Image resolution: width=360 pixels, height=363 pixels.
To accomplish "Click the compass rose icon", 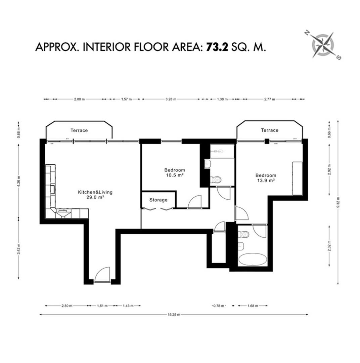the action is (322, 45).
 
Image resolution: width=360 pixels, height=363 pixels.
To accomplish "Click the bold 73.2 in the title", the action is (217, 47).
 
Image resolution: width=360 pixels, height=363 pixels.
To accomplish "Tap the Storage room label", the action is (158, 200).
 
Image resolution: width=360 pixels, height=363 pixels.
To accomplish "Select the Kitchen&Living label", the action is (95, 192).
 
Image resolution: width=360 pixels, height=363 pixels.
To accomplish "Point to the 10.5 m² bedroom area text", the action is (175, 175).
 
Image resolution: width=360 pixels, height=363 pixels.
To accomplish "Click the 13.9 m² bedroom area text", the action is (266, 180).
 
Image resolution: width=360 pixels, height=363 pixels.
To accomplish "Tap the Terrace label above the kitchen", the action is (79, 130).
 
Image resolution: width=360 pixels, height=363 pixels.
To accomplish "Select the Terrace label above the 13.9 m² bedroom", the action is (270, 130).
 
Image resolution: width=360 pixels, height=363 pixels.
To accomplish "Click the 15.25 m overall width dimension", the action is (174, 315).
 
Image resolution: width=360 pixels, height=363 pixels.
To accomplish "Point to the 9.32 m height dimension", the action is (338, 202).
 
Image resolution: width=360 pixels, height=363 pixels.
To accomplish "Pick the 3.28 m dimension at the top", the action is (171, 99).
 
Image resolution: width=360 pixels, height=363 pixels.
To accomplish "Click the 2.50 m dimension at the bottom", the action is (67, 306).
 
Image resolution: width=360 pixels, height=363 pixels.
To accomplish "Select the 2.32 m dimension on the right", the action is (329, 246).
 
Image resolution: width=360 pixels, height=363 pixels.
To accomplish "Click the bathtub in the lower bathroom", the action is (253, 259).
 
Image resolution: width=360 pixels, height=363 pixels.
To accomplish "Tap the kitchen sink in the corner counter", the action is (63, 213).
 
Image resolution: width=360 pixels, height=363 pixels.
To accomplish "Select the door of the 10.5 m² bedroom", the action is (195, 202).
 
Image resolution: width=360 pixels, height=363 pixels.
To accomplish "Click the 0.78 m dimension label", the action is (218, 306).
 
